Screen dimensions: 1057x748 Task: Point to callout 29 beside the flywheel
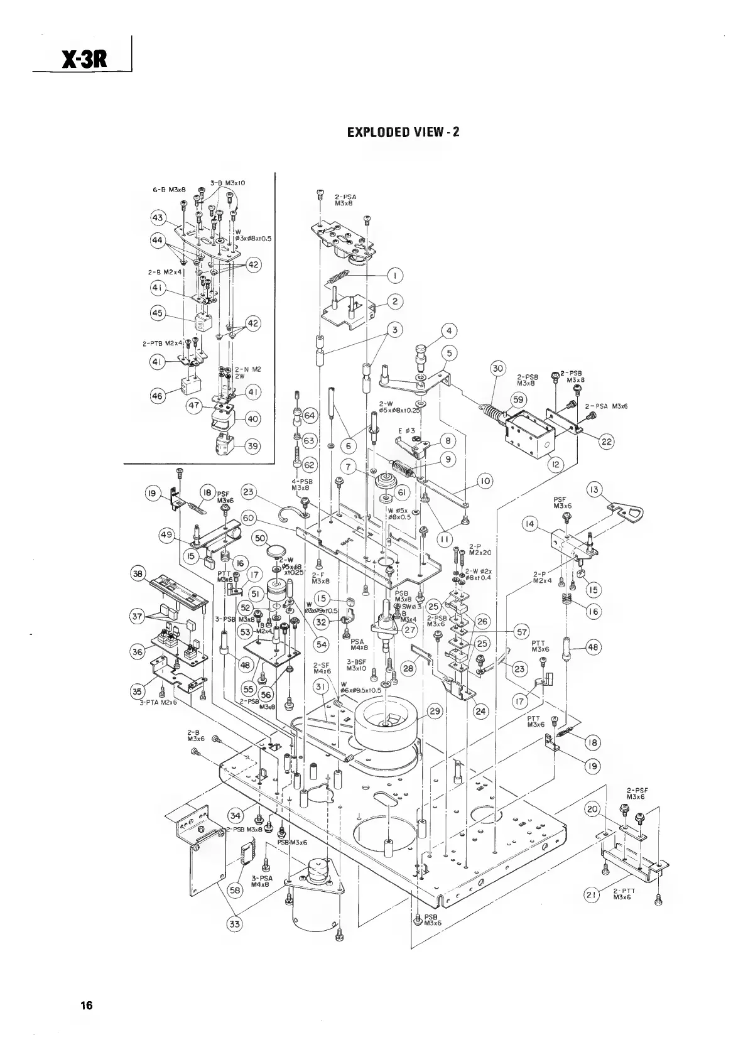(x=435, y=712)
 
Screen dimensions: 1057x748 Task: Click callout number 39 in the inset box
(x=252, y=446)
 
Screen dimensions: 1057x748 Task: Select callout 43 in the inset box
(x=158, y=218)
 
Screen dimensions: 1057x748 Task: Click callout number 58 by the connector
(x=235, y=890)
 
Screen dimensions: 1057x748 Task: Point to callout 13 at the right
(x=594, y=490)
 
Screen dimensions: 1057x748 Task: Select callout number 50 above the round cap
(x=260, y=538)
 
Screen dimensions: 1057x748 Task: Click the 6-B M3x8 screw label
(x=165, y=189)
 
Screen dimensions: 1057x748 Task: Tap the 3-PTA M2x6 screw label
(x=158, y=702)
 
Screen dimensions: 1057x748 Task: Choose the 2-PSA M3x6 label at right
(x=606, y=406)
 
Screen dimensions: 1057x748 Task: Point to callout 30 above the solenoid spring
(x=498, y=369)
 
